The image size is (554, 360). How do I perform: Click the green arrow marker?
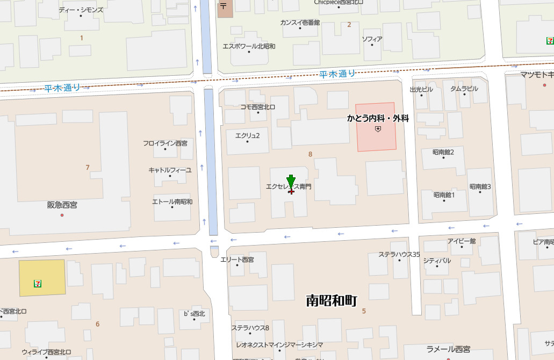pyautogui.click(x=291, y=182)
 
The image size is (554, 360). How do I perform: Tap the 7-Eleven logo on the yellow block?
pyautogui.click(x=38, y=283)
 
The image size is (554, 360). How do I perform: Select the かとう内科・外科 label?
pyautogui.click(x=378, y=118)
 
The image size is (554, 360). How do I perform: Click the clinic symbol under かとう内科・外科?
pyautogui.click(x=378, y=129)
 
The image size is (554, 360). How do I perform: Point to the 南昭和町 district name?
pyautogui.click(x=332, y=300)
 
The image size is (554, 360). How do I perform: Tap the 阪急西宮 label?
pyautogui.click(x=62, y=205)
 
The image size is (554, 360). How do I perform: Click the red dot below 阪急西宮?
pyautogui.click(x=62, y=215)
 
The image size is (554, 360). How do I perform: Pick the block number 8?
pyautogui.click(x=310, y=155)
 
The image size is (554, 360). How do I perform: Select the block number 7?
pyautogui.click(x=88, y=168)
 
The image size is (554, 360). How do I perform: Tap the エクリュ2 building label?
pyautogui.click(x=248, y=135)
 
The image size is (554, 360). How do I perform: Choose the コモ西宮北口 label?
pyautogui.click(x=258, y=107)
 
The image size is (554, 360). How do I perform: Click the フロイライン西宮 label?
pyautogui.click(x=166, y=143)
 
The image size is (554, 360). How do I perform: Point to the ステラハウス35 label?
pyautogui.click(x=399, y=254)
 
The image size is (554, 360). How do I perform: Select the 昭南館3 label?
pyautogui.click(x=480, y=186)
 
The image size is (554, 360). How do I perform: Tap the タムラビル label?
pyautogui.click(x=464, y=89)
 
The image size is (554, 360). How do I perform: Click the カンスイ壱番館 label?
pyautogui.click(x=300, y=23)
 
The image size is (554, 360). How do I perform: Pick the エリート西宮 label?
pyautogui.click(x=237, y=260)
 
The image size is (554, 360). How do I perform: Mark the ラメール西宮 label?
pyautogui.click(x=448, y=349)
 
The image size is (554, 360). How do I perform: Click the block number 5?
pyautogui.click(x=364, y=311)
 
